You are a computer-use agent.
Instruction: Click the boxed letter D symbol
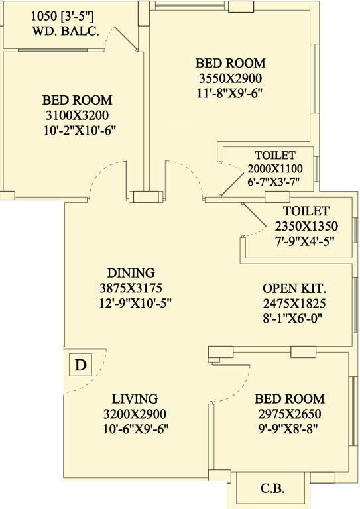click(80, 365)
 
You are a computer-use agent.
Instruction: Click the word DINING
click(131, 272)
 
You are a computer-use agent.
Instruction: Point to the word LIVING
click(135, 399)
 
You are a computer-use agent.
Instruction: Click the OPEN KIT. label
click(295, 289)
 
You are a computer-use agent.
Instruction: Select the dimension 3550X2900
click(230, 78)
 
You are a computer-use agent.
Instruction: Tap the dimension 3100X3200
click(77, 115)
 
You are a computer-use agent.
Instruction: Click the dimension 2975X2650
click(290, 414)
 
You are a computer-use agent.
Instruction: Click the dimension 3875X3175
click(131, 288)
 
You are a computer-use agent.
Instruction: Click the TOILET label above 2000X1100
click(270, 155)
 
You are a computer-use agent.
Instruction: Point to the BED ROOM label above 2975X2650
click(290, 399)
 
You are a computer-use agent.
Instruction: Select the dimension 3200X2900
click(135, 414)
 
